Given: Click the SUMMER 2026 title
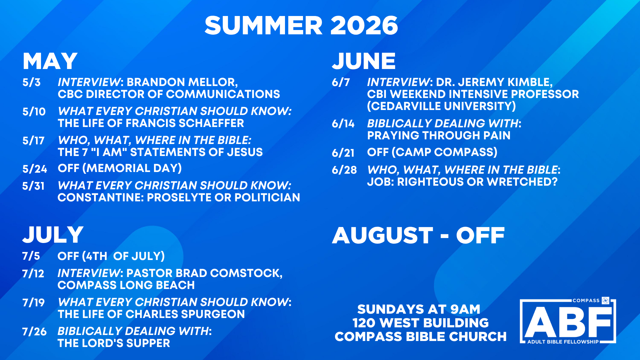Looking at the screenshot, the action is coord(301,25).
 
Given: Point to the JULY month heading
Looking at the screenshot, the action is coord(53,235).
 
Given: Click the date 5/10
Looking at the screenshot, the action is coord(34,111).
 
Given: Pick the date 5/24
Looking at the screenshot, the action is coord(35,169).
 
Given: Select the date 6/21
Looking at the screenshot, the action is coord(343,153).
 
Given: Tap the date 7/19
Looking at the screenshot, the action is coord(33,303).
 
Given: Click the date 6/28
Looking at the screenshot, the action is coord(344,170).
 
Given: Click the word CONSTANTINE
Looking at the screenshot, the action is coord(101,198).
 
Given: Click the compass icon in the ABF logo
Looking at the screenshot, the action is coord(605,301).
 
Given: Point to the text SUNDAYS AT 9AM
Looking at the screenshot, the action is coord(419,309).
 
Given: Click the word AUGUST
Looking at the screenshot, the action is coord(383,235).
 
